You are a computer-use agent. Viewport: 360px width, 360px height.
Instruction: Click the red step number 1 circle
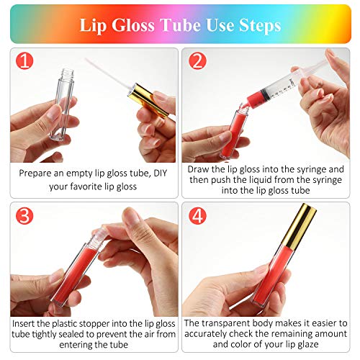[24, 61]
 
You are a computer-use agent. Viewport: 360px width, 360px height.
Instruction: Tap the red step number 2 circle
[197, 61]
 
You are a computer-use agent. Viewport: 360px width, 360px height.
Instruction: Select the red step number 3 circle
[24, 216]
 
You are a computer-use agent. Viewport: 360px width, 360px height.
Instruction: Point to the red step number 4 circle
[197, 216]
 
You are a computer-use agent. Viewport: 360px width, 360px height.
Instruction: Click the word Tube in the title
[181, 25]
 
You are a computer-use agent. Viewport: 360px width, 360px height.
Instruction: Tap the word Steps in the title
[260, 26]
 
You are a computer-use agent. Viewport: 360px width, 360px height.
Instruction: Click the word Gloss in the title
[133, 25]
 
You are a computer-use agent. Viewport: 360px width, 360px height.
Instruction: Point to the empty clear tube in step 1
[63, 104]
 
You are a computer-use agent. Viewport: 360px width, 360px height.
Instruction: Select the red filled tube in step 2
[234, 131]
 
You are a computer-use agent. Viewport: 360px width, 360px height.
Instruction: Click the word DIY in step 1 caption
[160, 173]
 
